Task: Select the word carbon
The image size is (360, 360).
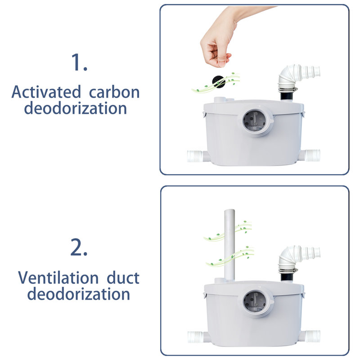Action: coord(114,92)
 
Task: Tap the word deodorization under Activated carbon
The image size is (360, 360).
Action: coord(76,108)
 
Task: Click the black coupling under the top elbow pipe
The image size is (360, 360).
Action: coord(288,96)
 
